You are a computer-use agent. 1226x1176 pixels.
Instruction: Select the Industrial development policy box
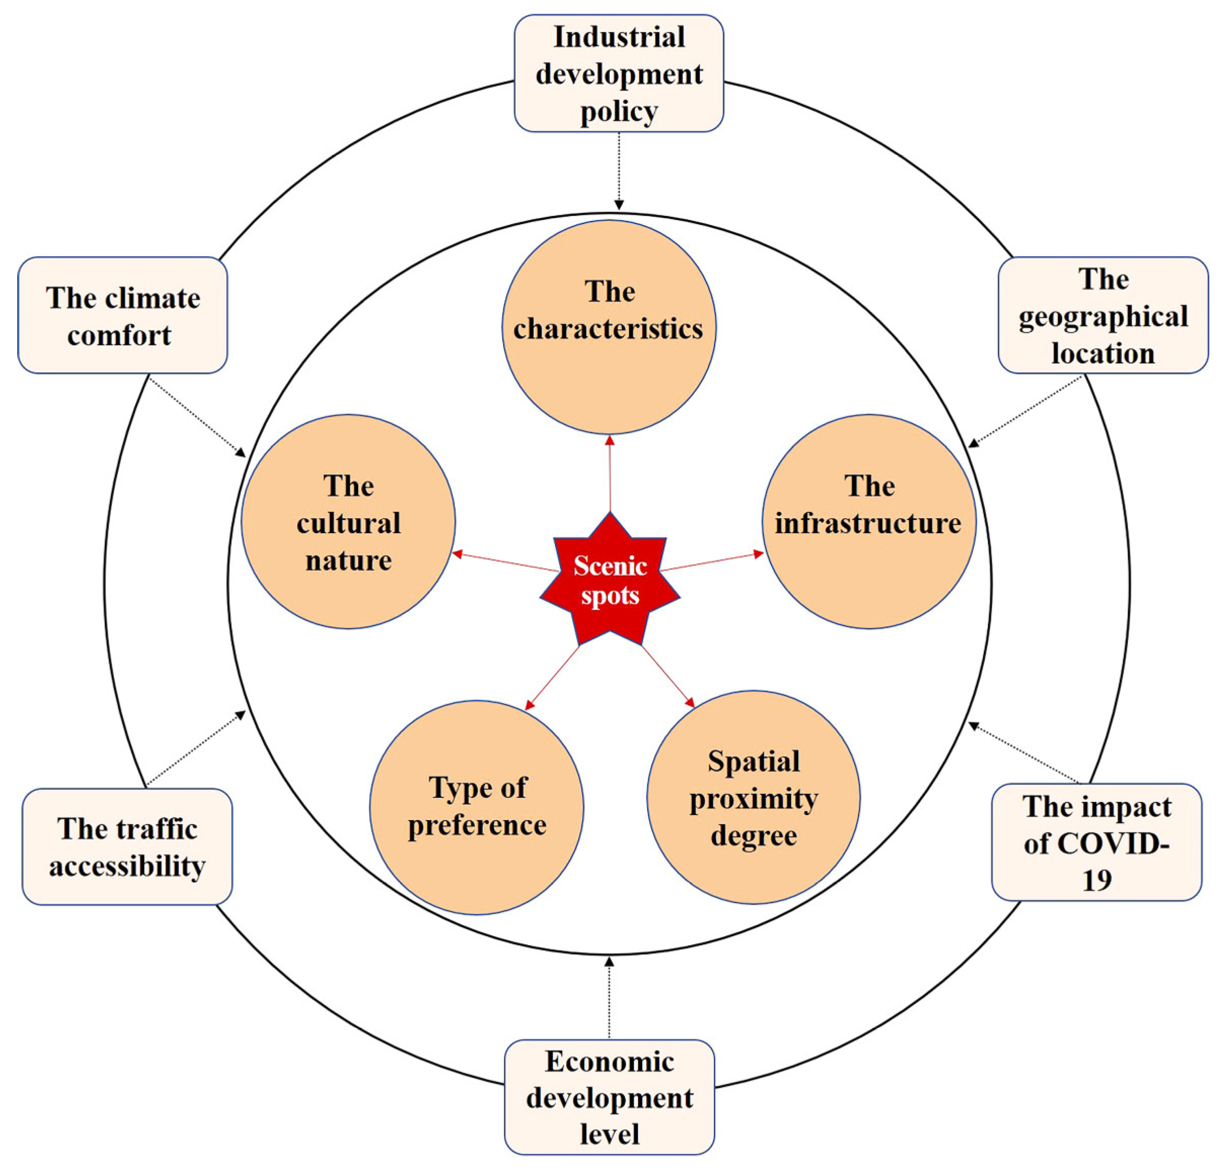click(x=619, y=73)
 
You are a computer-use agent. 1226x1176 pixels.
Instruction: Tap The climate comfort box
click(x=123, y=315)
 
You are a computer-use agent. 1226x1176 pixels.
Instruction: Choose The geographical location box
click(x=1103, y=315)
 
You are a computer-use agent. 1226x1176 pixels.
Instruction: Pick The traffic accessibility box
click(x=127, y=847)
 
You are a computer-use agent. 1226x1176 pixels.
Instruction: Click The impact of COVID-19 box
click(x=1097, y=842)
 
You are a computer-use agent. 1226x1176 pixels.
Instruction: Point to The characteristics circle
click(x=609, y=326)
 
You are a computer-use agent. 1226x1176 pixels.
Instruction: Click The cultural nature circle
click(x=348, y=521)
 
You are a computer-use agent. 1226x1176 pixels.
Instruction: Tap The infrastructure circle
click(x=869, y=521)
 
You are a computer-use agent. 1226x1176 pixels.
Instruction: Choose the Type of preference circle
click(x=476, y=807)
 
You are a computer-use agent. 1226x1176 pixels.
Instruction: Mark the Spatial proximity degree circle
click(x=753, y=797)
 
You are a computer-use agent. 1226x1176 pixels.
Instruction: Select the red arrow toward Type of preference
click(x=553, y=677)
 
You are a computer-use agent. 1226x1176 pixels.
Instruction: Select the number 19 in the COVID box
click(x=1097, y=880)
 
